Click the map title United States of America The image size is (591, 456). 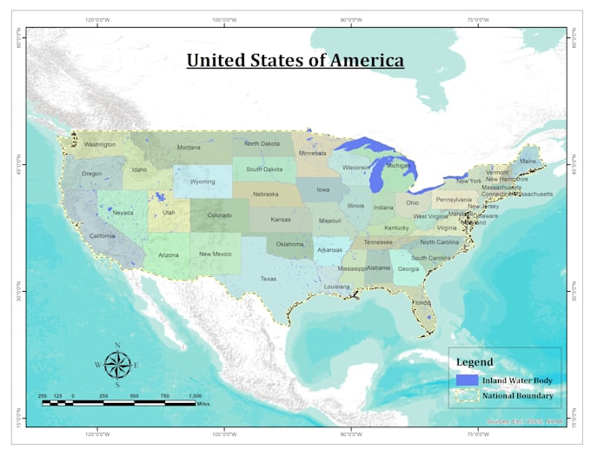(295, 61)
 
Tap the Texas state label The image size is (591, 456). (268, 279)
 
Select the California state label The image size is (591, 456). (102, 236)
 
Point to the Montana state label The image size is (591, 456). (189, 148)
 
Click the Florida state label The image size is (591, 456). (421, 303)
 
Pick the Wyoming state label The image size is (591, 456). (203, 182)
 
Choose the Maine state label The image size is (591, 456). (528, 162)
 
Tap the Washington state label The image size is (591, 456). (100, 145)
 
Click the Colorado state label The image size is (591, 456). (219, 215)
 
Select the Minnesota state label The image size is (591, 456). (313, 153)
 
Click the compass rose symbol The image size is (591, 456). (117, 365)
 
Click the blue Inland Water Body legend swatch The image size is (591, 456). (468, 380)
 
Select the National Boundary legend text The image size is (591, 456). (520, 396)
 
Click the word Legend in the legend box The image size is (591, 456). (475, 362)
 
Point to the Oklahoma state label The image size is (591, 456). (289, 244)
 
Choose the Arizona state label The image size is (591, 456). (168, 255)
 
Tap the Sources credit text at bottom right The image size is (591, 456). (526, 421)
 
